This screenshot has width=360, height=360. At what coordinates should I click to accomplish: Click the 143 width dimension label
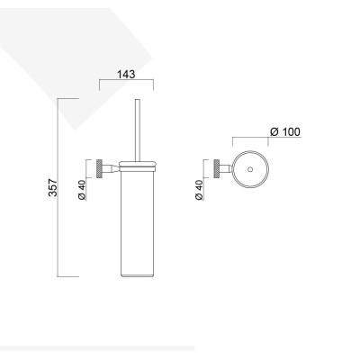126,74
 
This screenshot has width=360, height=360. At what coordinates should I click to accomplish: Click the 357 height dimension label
53,187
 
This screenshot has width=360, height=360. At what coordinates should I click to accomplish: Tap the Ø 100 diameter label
285,131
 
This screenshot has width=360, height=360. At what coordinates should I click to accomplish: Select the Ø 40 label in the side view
82,190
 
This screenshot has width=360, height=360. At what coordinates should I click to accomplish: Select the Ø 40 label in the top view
199,190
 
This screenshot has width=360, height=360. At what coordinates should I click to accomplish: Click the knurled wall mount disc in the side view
99,169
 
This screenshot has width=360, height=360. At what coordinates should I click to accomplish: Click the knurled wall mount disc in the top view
217,169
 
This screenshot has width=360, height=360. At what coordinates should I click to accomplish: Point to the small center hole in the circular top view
250,170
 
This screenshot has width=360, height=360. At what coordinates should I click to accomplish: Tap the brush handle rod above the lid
138,130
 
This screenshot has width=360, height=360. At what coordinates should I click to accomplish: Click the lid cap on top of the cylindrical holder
138,166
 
